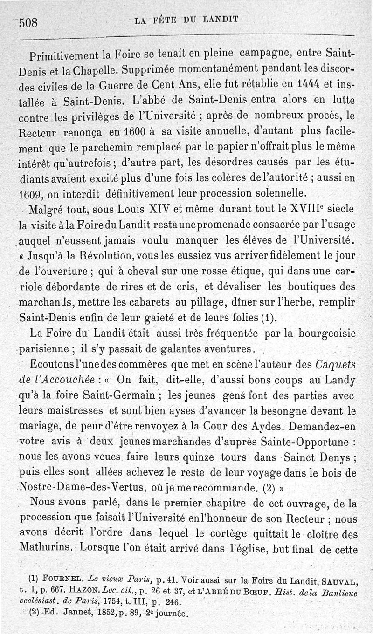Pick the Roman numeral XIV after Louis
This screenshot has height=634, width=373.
coord(150,209)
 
